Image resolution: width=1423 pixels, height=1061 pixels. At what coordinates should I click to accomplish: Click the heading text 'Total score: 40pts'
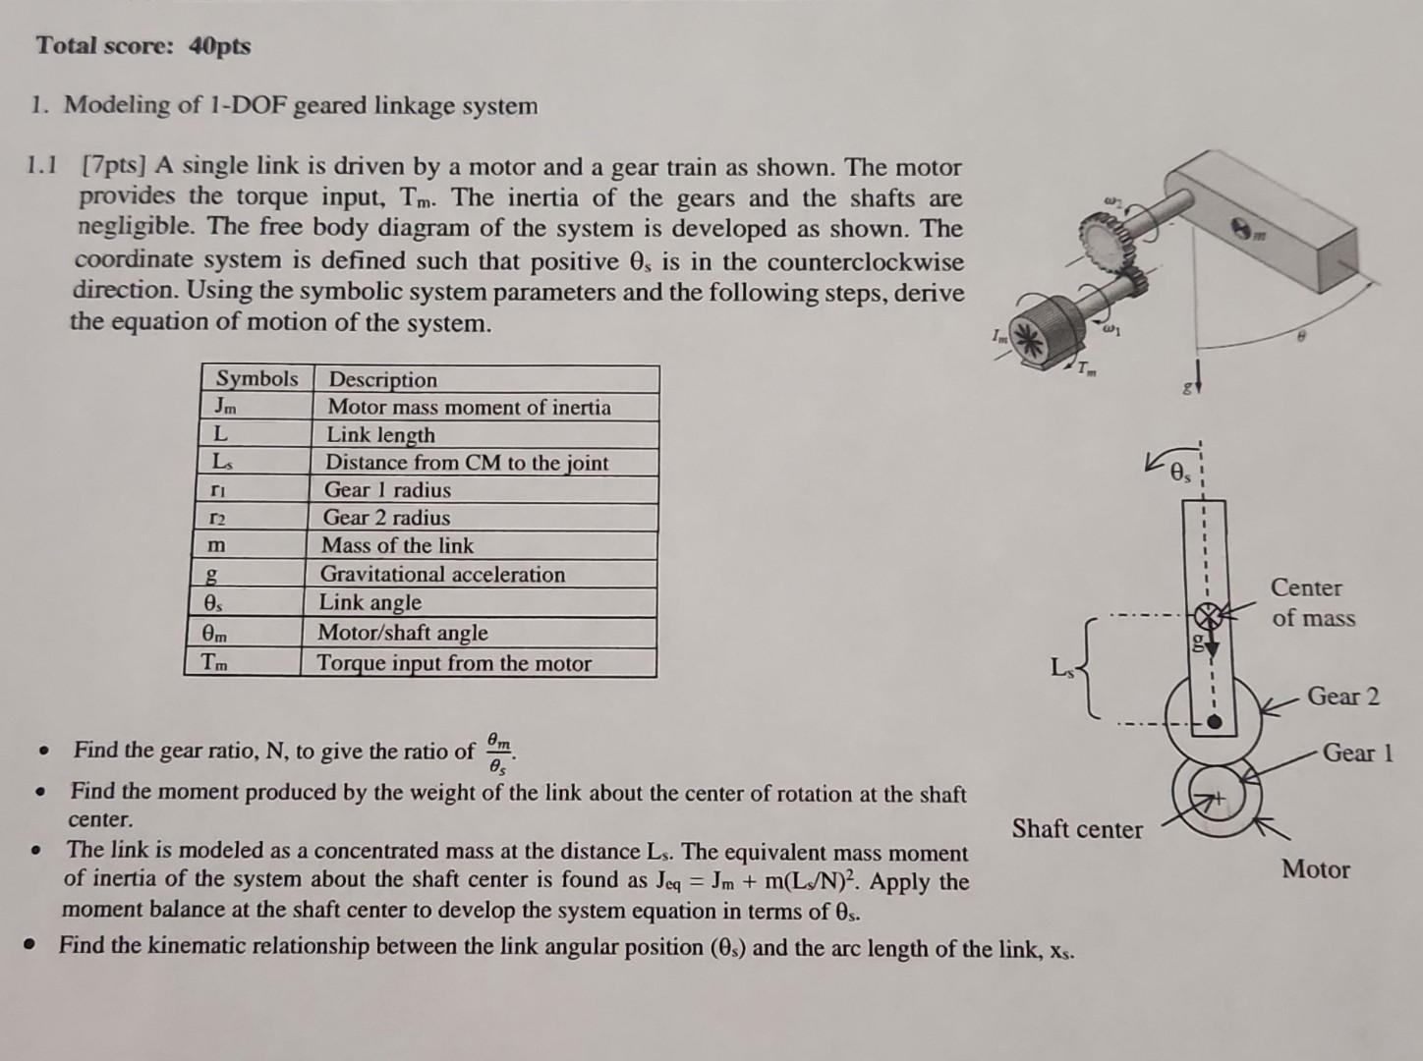143,46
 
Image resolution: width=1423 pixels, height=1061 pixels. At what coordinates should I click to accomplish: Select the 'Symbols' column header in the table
256,379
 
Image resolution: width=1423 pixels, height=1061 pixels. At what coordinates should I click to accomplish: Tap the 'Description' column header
383,380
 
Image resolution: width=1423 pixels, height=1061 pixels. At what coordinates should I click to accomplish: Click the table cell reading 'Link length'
380,435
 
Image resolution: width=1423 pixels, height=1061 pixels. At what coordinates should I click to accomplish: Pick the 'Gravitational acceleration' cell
443,575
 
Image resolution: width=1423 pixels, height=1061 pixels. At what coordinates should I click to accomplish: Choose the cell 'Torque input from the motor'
454,664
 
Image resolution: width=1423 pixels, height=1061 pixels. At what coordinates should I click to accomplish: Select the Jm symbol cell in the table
225,407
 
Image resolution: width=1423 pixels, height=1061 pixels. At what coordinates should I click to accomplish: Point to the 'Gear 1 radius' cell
387,490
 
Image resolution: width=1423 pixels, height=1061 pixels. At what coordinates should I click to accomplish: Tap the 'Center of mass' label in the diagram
1312,603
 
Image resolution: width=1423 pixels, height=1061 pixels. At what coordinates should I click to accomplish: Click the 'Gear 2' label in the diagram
1342,697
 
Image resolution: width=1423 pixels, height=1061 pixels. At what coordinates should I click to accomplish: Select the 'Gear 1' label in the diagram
1357,754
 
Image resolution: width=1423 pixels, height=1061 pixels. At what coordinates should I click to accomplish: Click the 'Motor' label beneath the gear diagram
1315,869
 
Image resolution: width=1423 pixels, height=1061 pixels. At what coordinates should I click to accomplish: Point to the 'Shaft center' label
1077,829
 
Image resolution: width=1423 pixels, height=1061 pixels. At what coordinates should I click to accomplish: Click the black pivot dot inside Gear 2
1215,723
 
